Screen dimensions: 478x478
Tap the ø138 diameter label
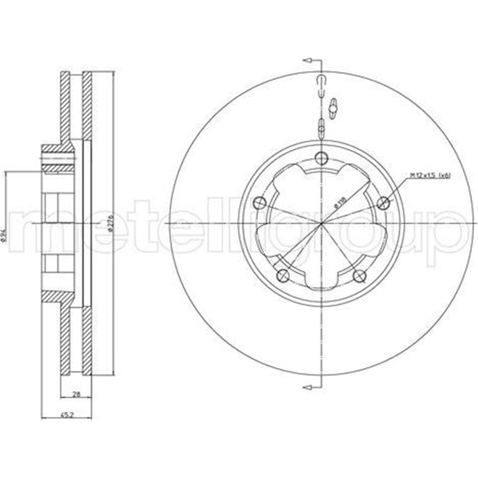(x=338, y=204)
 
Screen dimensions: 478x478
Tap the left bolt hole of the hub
(x=259, y=202)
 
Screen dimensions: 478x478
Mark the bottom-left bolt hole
(x=284, y=275)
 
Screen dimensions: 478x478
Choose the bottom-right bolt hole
(x=360, y=275)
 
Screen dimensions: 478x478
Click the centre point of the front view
(x=321, y=223)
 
